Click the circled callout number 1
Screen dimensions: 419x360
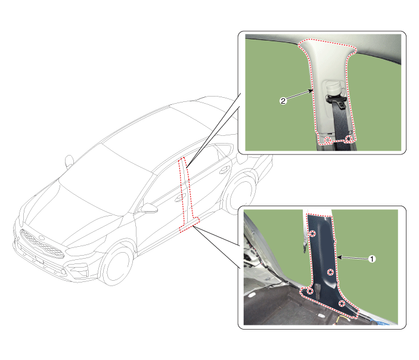click(x=372, y=259)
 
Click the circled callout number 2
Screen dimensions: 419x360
click(x=283, y=101)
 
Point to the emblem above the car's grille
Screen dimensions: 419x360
click(x=41, y=238)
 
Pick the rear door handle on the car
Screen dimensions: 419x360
click(x=225, y=169)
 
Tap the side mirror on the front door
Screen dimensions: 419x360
click(x=148, y=208)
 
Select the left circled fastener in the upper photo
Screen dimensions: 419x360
click(x=327, y=140)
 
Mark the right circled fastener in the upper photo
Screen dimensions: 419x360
click(x=349, y=139)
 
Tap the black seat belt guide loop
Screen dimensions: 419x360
click(x=336, y=101)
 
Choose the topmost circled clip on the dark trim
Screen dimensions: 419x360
click(x=312, y=234)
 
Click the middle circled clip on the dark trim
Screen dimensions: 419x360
click(x=331, y=272)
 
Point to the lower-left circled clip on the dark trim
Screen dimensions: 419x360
click(x=310, y=291)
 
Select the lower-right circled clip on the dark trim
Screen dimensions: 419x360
click(x=342, y=303)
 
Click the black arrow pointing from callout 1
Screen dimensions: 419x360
click(x=353, y=258)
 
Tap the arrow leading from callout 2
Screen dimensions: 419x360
click(x=300, y=95)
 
